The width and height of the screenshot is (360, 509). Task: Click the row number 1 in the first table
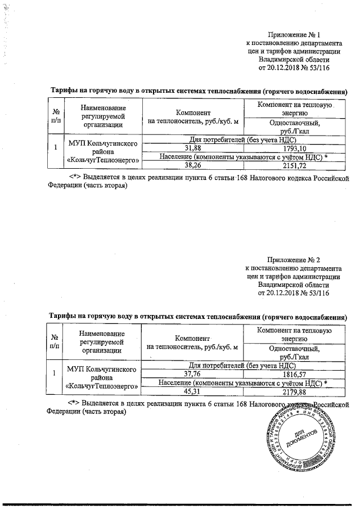pyautogui.click(x=55, y=148)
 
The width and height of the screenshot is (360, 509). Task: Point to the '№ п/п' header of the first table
pyautogui.click(x=55, y=116)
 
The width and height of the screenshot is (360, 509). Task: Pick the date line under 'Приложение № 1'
pyautogui.click(x=293, y=68)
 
